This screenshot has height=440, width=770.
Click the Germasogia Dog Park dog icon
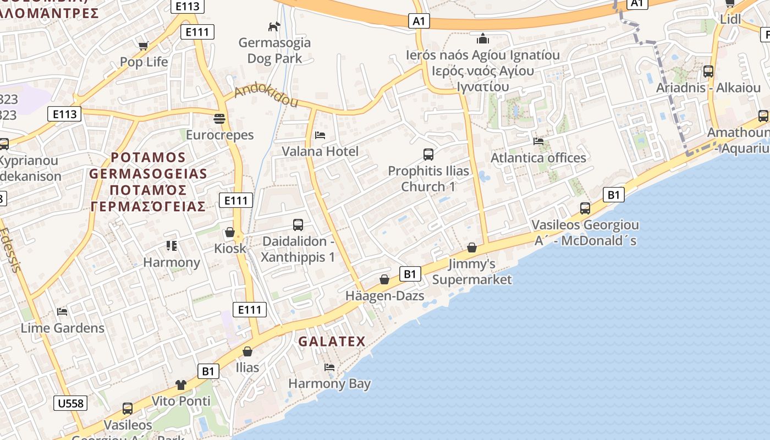(x=274, y=26)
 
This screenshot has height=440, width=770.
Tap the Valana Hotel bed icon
(x=320, y=135)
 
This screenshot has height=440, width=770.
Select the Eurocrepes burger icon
(x=219, y=118)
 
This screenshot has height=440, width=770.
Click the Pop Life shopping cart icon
(x=144, y=46)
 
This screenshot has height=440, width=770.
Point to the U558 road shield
(x=71, y=403)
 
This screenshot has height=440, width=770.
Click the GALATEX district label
(x=332, y=342)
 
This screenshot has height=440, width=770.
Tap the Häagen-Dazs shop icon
(x=384, y=280)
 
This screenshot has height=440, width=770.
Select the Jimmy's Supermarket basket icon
(x=471, y=248)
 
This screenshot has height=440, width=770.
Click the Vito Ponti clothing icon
(x=181, y=384)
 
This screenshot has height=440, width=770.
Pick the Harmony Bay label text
(x=329, y=383)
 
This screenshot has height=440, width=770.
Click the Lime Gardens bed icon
(x=62, y=312)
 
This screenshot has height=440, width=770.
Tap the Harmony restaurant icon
(x=172, y=246)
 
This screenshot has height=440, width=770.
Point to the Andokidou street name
(x=266, y=96)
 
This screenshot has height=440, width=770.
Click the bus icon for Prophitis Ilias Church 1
(x=428, y=155)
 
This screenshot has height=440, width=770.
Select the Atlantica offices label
(x=538, y=158)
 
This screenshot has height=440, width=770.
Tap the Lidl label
(x=730, y=19)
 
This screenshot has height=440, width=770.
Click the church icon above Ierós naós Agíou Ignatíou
(x=483, y=38)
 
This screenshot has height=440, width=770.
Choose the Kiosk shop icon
(x=230, y=232)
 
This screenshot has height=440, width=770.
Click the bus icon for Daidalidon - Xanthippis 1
(x=298, y=225)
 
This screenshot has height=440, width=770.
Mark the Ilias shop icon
(x=248, y=351)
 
